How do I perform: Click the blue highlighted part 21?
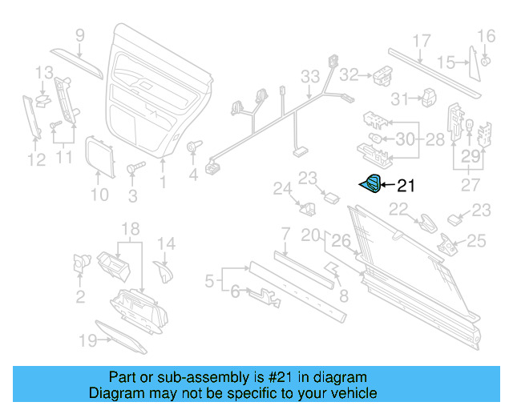pyautogui.click(x=371, y=185)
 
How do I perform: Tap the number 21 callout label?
pyautogui.click(x=406, y=187)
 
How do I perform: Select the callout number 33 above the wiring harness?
pyautogui.click(x=310, y=77)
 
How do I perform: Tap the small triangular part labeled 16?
pyautogui.click(x=487, y=62)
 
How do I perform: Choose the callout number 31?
pyautogui.click(x=400, y=98)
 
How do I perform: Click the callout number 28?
pyautogui.click(x=434, y=139)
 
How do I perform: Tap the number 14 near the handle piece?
pyautogui.click(x=165, y=244)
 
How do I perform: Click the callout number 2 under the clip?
pyautogui.click(x=80, y=298)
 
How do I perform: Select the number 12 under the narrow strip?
pyautogui.click(x=35, y=160)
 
